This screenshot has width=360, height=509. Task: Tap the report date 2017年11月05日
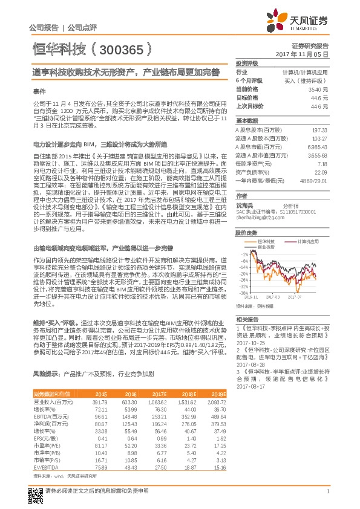coord(307,54)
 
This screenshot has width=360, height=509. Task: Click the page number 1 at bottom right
coord(327,491)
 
